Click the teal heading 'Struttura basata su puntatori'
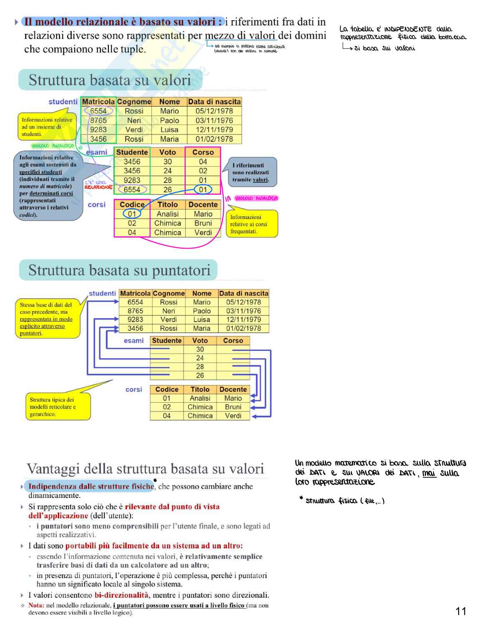tap(119, 270)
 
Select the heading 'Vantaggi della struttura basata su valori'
tap(145, 469)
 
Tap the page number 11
tap(461, 611)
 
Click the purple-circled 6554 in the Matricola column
tap(98, 111)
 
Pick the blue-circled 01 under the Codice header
tap(132, 214)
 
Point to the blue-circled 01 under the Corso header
tap(203, 190)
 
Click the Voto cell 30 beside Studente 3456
tap(167, 162)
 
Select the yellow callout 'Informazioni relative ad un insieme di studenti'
tap(47, 127)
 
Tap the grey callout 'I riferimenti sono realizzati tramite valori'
tap(251, 172)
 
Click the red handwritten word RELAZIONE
tap(98, 188)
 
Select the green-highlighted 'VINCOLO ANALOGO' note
tap(53, 146)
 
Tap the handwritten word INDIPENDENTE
tap(408, 29)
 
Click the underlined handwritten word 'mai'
tap(429, 473)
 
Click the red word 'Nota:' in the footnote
tap(36, 605)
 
